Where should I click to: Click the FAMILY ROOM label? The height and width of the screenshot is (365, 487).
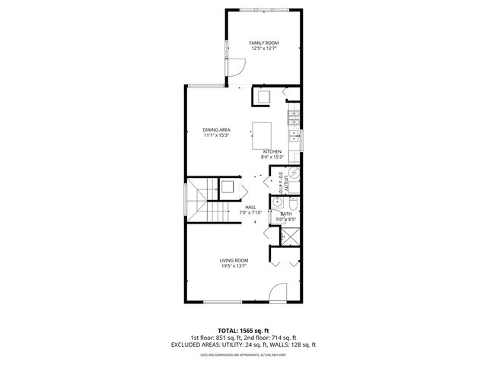263,43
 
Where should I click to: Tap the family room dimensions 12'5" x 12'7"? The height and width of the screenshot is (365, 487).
263,49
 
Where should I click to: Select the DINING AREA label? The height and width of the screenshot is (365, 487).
216,130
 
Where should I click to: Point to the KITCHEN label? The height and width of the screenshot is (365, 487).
272,152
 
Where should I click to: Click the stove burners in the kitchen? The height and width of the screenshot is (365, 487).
294,118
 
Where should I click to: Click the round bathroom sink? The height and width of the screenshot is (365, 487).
279,203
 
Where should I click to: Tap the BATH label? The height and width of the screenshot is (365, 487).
286,214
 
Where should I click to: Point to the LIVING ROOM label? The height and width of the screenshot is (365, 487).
234,260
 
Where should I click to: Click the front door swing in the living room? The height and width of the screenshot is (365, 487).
279,293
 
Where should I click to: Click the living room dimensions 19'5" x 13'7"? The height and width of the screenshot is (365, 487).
234,266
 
